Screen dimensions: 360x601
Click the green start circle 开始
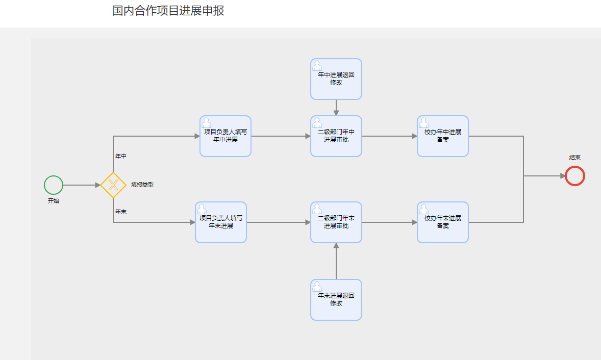click(54, 185)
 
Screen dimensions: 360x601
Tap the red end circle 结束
click(575, 176)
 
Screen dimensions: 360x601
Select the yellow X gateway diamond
click(113, 185)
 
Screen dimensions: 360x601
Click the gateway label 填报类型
click(142, 185)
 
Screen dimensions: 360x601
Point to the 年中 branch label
click(121, 156)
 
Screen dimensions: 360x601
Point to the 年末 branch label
click(121, 211)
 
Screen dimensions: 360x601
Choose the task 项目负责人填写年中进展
click(225, 136)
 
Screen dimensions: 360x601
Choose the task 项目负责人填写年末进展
click(221, 222)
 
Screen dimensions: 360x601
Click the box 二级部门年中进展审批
click(336, 136)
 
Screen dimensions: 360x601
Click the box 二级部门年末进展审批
click(336, 222)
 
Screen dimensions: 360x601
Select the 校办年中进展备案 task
click(443, 136)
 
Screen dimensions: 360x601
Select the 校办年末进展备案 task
click(443, 222)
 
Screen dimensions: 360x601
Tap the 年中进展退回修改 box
click(336, 79)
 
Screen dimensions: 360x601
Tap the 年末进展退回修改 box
click(336, 300)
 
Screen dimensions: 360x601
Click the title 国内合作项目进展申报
click(168, 11)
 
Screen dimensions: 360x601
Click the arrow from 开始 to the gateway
click(82, 185)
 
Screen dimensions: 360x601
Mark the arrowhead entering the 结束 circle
click(562, 176)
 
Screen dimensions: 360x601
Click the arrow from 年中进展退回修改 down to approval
click(336, 108)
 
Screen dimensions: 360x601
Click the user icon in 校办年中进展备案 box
click(424, 122)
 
